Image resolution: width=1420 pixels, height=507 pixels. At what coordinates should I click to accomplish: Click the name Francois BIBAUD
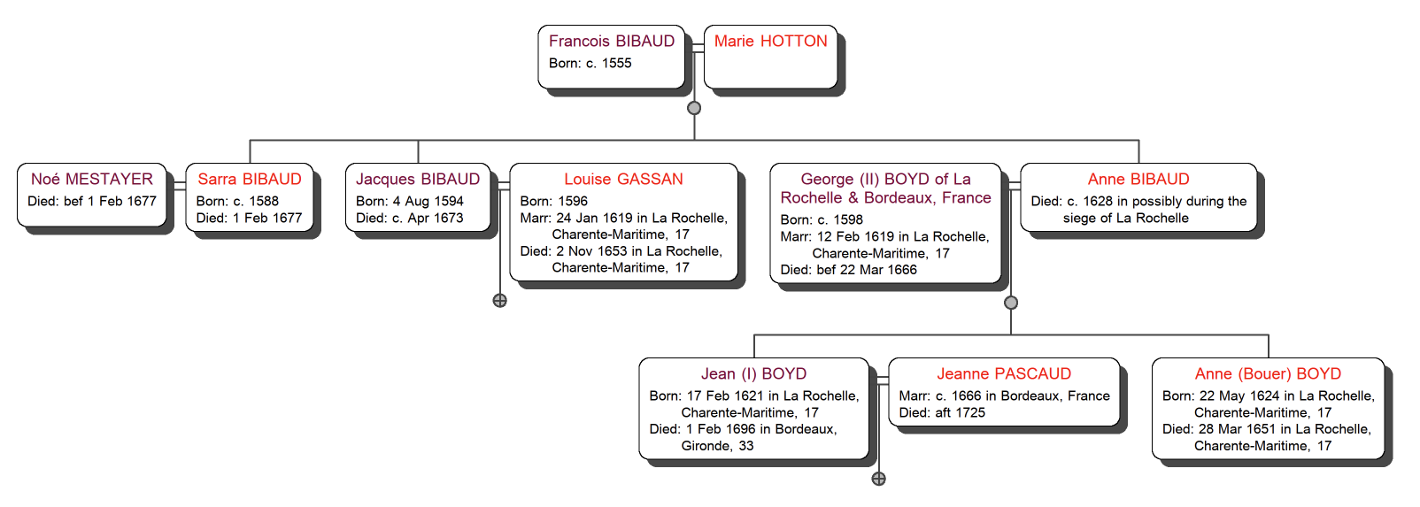611,41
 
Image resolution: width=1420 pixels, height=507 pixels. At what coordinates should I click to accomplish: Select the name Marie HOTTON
770,41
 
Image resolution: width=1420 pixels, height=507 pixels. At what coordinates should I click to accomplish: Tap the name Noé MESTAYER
92,179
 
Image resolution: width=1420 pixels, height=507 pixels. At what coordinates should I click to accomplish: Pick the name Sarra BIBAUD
250,179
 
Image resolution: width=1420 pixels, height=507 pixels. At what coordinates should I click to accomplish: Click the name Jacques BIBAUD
418,179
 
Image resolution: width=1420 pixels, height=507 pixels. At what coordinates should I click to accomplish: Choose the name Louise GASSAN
623,179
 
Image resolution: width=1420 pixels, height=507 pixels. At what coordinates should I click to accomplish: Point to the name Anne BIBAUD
1138,179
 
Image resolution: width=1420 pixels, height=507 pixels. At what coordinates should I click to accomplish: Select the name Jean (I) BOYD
753,373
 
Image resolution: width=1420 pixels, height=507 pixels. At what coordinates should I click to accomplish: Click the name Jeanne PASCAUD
1004,373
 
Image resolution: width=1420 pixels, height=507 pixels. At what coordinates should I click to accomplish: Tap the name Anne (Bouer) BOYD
1268,373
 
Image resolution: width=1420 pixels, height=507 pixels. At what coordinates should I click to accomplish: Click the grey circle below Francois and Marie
694,108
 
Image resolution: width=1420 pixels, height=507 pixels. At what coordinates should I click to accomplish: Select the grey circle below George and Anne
1011,303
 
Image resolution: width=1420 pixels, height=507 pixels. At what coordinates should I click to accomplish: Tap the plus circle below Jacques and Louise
500,301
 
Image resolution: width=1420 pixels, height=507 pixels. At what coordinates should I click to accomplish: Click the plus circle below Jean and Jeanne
878,479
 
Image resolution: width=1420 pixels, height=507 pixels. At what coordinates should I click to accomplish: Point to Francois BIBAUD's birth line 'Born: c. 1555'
590,63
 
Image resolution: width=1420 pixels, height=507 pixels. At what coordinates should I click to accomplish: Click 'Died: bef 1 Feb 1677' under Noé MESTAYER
92,201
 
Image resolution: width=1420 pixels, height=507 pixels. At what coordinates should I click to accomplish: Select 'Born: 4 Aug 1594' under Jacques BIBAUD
409,201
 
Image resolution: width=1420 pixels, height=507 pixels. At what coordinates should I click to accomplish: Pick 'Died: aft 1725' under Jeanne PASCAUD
942,412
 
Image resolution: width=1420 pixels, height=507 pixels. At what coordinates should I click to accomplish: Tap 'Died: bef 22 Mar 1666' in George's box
848,270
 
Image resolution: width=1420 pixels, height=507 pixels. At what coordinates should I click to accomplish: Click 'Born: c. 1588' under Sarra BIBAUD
237,201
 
